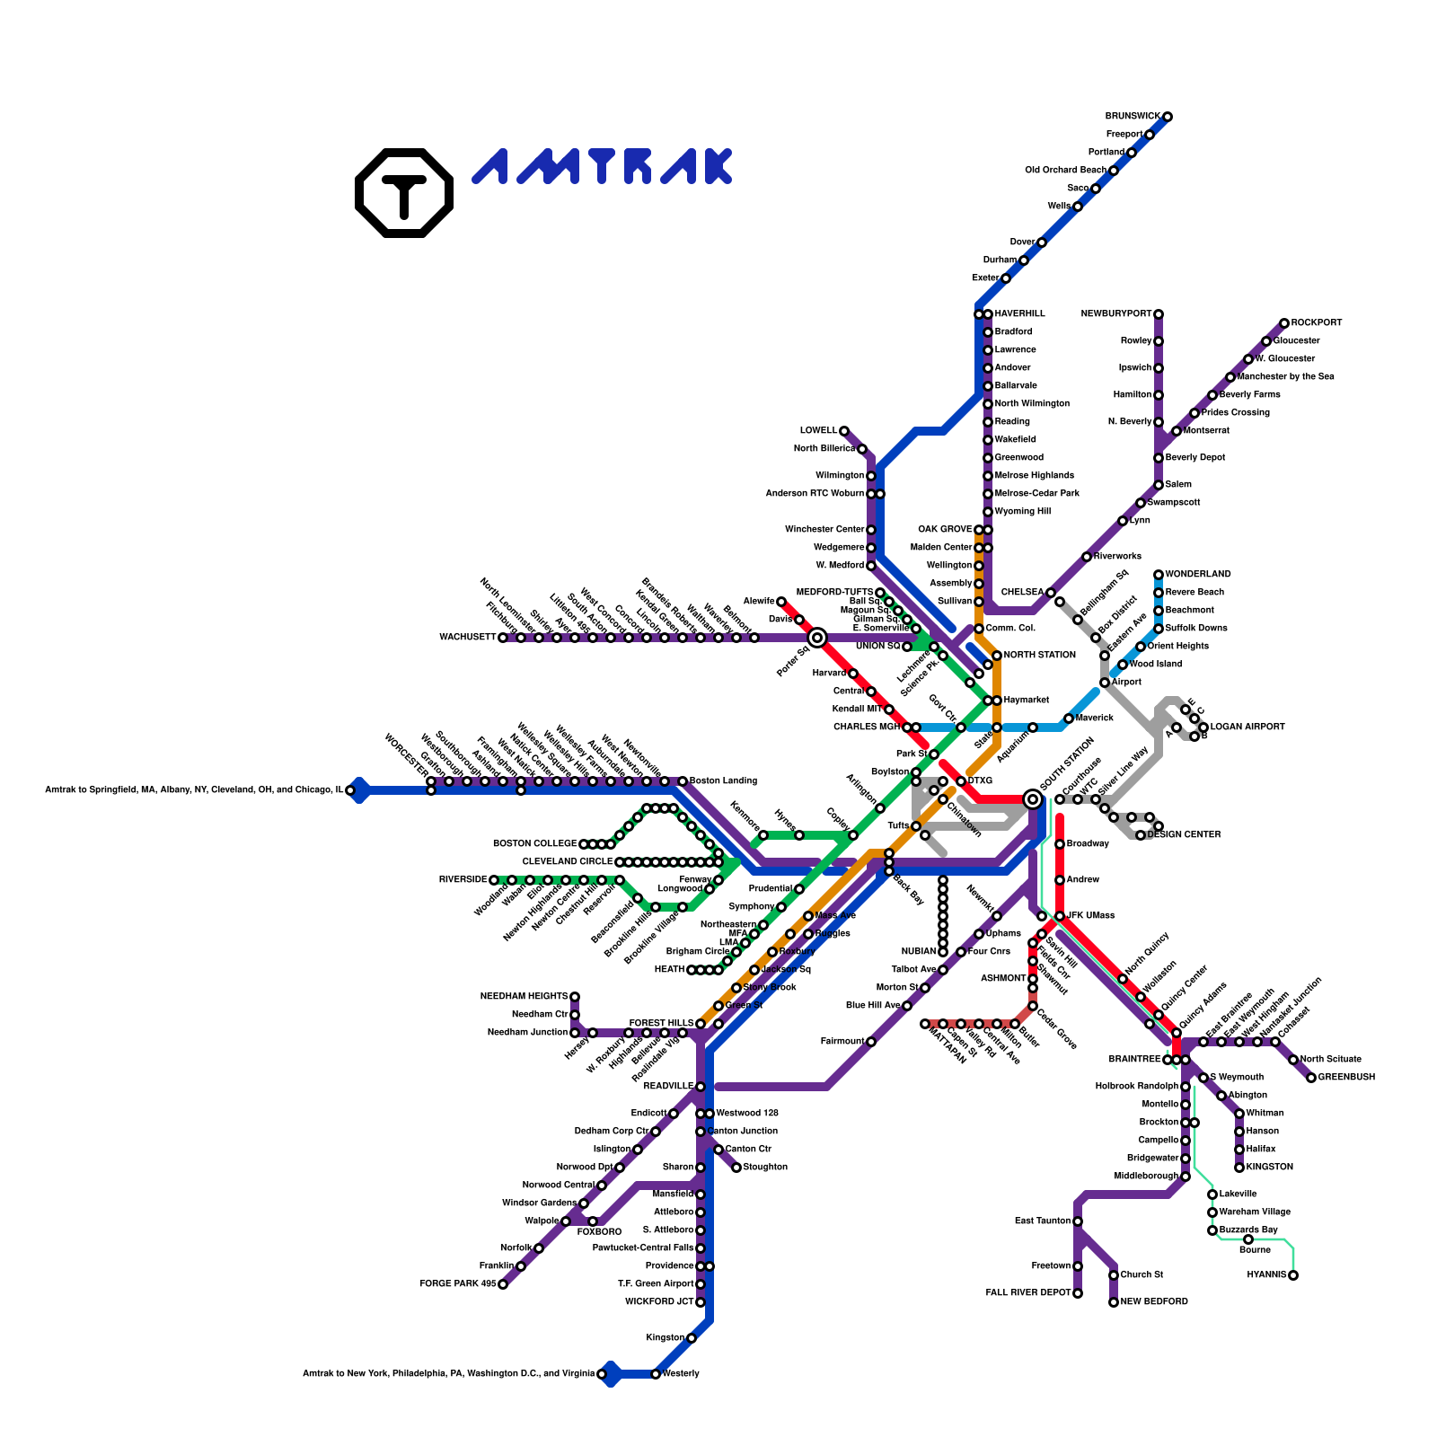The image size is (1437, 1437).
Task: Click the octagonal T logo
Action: click(404, 192)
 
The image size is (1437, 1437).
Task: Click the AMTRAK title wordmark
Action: click(602, 167)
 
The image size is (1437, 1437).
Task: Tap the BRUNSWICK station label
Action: click(1133, 117)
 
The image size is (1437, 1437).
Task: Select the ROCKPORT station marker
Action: click(1284, 323)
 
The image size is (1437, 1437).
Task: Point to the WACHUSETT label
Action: click(467, 638)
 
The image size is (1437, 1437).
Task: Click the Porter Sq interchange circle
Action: click(817, 638)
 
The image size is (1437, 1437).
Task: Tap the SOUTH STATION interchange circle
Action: click(1033, 799)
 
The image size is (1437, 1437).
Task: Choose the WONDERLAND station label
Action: click(1198, 575)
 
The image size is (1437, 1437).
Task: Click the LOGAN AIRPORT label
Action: click(1247, 727)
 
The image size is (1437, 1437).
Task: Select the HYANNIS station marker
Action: click(1293, 1275)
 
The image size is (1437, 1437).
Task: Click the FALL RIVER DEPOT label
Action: click(1028, 1293)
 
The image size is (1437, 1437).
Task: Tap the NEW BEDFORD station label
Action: click(1154, 1302)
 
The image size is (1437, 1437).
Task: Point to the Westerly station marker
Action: click(656, 1374)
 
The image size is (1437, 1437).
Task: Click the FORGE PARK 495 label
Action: click(457, 1284)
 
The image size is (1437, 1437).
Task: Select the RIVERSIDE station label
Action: click(463, 880)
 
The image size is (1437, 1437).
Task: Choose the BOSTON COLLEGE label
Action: click(534, 844)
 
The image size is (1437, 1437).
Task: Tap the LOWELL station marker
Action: click(844, 431)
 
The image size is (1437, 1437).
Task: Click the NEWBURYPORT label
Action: click(1115, 314)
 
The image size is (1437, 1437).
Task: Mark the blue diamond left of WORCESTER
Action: click(359, 790)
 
